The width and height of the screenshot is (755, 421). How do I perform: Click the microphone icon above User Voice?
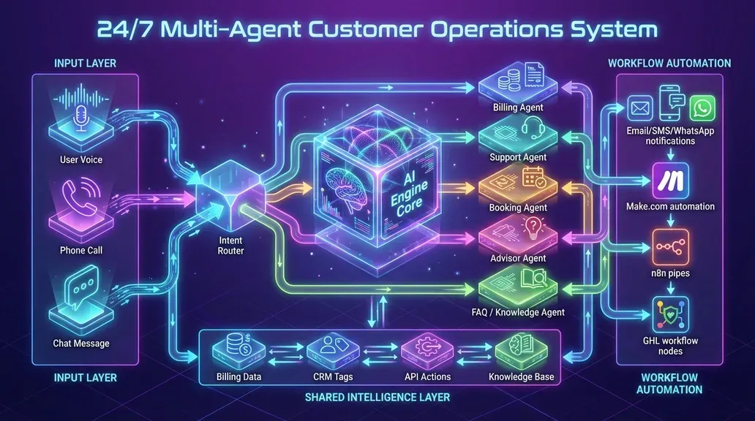pyautogui.click(x=80, y=115)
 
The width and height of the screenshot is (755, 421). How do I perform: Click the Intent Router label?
pyautogui.click(x=231, y=245)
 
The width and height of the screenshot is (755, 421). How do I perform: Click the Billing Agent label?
pyautogui.click(x=518, y=107)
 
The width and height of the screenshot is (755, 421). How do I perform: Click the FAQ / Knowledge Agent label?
pyautogui.click(x=519, y=312)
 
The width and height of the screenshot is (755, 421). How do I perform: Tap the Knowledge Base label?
pyautogui.click(x=521, y=377)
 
